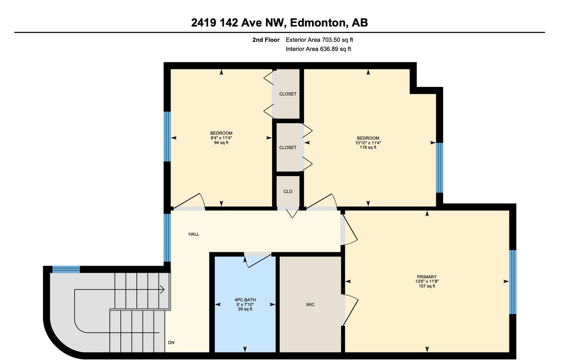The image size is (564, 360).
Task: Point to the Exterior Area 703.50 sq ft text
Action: (x=319, y=40)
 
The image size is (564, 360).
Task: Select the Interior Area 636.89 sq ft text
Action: (x=318, y=49)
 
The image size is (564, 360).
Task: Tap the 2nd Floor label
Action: (x=266, y=40)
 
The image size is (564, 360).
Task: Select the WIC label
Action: (x=310, y=305)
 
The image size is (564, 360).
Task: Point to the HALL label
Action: (x=194, y=234)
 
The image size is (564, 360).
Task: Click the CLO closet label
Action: (x=288, y=191)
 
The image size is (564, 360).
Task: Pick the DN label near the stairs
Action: (x=172, y=342)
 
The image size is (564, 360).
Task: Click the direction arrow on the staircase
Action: (x=162, y=290)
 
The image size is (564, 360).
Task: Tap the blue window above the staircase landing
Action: (x=66, y=269)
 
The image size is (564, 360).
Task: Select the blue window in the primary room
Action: (x=513, y=282)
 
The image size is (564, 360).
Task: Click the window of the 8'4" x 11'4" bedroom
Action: (x=166, y=136)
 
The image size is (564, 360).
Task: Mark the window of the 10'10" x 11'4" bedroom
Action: (x=439, y=168)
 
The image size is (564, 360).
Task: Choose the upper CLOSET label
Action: (x=288, y=94)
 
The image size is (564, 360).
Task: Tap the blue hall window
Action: (x=166, y=237)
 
